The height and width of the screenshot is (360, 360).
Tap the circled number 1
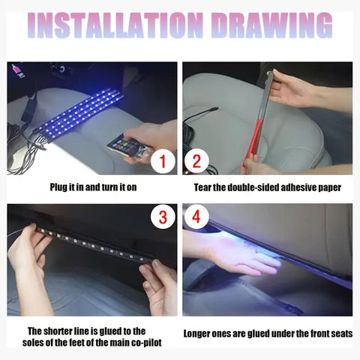[161, 160]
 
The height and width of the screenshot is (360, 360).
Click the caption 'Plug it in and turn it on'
[93, 186]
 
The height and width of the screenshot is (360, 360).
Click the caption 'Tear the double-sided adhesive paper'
[268, 186]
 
